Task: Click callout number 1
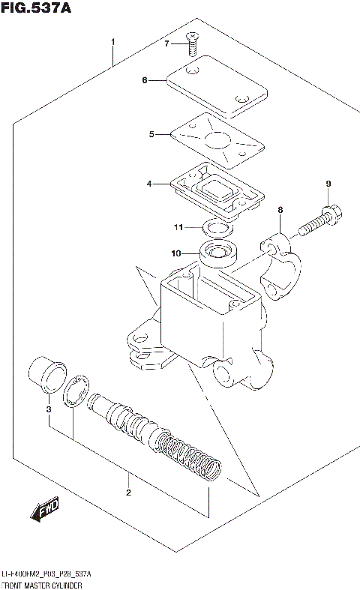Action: click(112, 40)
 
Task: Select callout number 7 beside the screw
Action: click(167, 43)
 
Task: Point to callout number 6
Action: click(145, 80)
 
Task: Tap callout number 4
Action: click(149, 184)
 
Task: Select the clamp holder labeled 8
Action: click(281, 262)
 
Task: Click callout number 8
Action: click(280, 211)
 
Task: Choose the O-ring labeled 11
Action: click(218, 228)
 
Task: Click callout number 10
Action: click(176, 253)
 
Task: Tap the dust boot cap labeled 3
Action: click(45, 375)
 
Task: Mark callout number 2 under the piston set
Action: click(128, 493)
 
